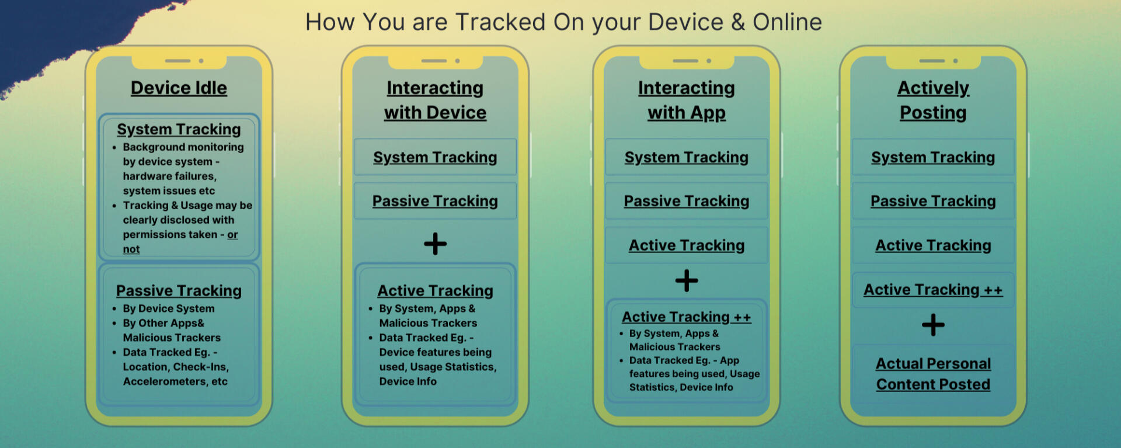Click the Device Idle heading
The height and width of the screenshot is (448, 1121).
pos(179,88)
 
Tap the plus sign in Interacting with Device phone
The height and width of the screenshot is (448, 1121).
pos(435,244)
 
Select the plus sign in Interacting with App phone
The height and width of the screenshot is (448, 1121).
pos(687,281)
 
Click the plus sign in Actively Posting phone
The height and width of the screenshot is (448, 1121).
pos(933,325)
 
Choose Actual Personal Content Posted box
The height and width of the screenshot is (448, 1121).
pos(933,374)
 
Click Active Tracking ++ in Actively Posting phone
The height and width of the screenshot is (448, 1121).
pos(933,290)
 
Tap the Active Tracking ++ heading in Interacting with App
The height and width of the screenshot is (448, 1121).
pos(687,317)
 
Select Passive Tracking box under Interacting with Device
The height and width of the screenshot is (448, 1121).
pos(435,201)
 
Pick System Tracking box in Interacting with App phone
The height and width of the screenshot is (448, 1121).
pos(687,157)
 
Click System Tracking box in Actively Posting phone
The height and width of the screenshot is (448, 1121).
pos(933,157)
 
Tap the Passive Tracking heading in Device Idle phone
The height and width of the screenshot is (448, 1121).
pos(179,290)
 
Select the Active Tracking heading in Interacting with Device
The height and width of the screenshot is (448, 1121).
pos(435,290)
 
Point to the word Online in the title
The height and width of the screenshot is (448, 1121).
pos(787,22)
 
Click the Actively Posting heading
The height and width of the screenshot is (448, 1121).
pos(933,100)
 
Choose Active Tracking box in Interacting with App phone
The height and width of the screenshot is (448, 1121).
pos(687,245)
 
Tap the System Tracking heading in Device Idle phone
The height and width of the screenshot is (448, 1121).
pos(179,129)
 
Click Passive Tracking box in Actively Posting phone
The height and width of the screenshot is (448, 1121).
pos(933,201)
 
